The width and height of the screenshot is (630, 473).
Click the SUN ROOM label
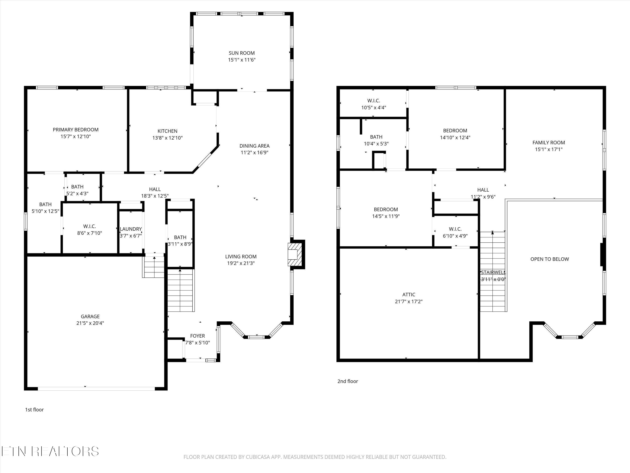click(241, 53)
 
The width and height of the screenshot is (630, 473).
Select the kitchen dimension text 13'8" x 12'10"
click(167, 138)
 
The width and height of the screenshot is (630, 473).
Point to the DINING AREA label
click(254, 146)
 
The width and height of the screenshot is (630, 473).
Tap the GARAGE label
click(90, 316)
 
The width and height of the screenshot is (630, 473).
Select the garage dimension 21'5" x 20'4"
click(90, 323)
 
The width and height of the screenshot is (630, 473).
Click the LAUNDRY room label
click(131, 229)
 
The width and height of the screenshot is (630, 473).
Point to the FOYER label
click(198, 336)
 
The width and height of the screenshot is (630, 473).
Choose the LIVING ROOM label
click(241, 257)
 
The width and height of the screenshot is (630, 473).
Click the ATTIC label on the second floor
click(409, 295)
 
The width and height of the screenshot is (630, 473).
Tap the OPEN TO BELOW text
click(550, 259)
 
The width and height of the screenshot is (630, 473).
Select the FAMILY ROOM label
click(549, 143)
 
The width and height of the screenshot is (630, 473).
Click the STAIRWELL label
click(493, 273)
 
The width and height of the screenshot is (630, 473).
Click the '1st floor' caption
click(34, 410)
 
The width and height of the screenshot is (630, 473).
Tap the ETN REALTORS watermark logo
click(50, 451)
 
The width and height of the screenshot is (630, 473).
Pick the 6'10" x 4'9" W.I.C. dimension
click(455, 236)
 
